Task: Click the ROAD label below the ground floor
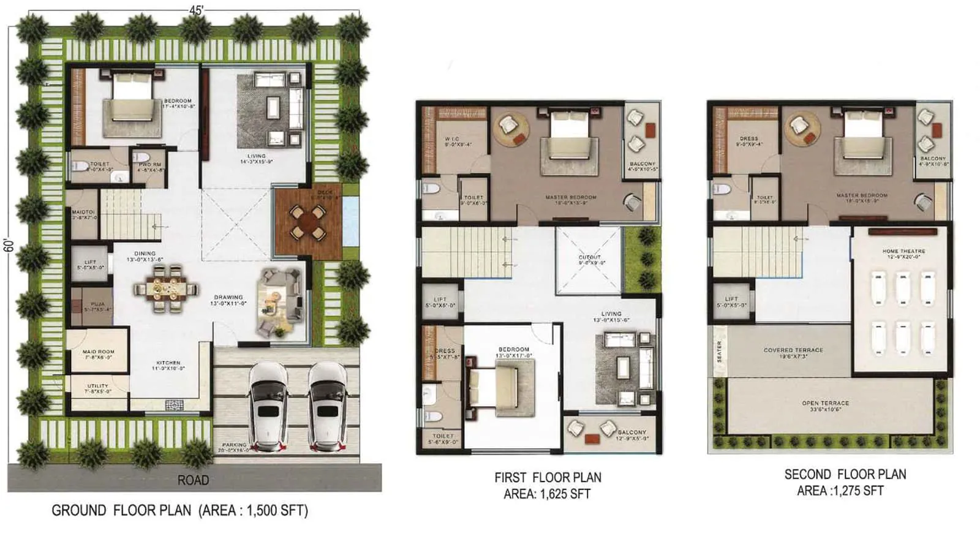click(x=193, y=480)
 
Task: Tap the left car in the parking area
click(x=269, y=406)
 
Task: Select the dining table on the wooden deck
click(x=307, y=222)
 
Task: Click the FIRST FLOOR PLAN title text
click(x=548, y=477)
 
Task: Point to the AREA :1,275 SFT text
click(x=840, y=491)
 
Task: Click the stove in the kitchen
click(x=175, y=404)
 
